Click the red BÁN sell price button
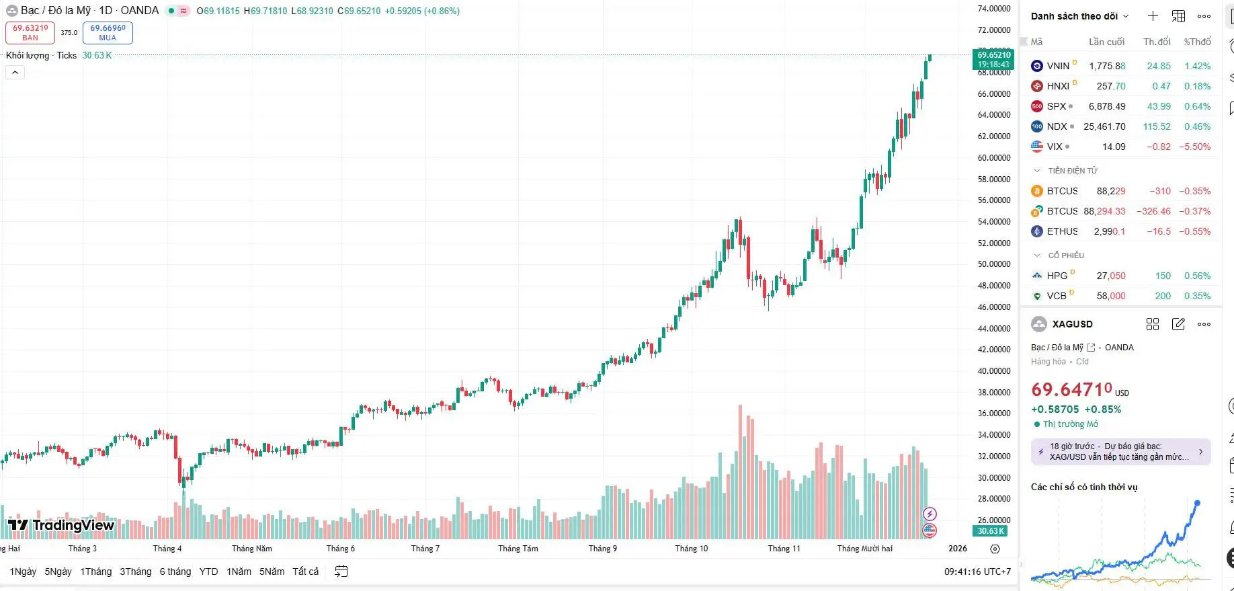pos(30,32)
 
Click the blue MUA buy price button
pos(108,32)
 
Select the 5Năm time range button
pos(272,572)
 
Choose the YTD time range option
pos(208,572)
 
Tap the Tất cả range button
pos(305,572)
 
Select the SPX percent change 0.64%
pos(1197,106)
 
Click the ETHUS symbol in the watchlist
pos(1062,231)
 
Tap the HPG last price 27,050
pos(1110,276)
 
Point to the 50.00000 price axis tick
pos(994,264)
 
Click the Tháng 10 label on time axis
pos(691,549)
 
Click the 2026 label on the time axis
pos(957,549)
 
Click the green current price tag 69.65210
pos(993,59)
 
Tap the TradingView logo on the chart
pos(61,525)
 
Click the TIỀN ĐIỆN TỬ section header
pos(1072,171)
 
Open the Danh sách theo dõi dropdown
pos(1079,16)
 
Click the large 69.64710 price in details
pos(1071,389)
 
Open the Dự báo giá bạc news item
pos(1120,451)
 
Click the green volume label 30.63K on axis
pos(991,531)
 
